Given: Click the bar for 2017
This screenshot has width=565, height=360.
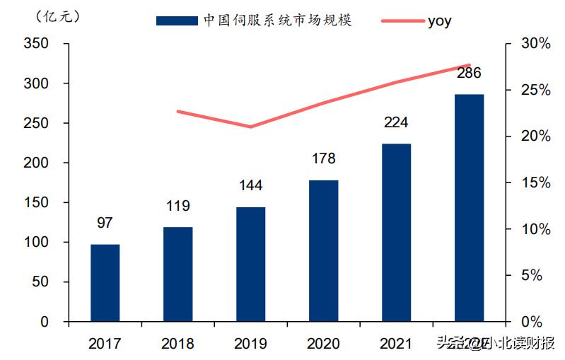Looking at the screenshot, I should point(105,283).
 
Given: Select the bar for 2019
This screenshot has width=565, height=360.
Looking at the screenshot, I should point(251,265).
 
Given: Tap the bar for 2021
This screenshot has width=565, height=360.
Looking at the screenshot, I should point(396,233).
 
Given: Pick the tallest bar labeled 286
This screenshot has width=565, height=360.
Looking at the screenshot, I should point(469,208).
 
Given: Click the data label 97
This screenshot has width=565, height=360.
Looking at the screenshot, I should point(105,223).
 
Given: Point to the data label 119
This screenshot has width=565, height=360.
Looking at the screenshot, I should point(178,207).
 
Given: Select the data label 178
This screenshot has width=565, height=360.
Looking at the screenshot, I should point(323,158).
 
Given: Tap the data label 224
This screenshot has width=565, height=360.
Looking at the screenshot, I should point(396,122).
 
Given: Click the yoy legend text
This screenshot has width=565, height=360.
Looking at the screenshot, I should point(439,21).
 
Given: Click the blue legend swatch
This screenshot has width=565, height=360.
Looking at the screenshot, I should point(177,21).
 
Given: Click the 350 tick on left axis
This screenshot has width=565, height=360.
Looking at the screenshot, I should point(36,44).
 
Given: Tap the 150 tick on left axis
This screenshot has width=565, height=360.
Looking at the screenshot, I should point(36,203).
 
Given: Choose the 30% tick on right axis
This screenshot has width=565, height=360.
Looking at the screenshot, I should point(535,44).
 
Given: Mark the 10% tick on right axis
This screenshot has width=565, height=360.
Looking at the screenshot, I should point(535,229).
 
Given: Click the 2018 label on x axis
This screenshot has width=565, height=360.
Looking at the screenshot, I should point(177,344).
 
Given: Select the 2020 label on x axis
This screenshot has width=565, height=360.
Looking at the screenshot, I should point(323,344).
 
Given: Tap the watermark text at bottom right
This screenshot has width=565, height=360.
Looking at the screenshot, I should point(495,344).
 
